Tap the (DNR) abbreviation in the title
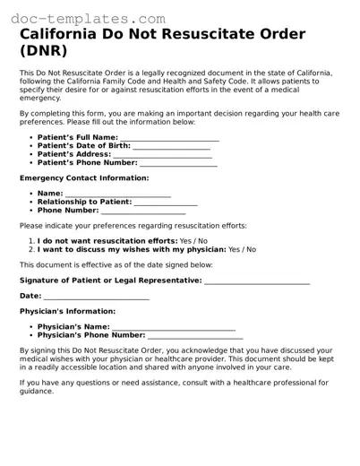pyautogui.click(x=44, y=53)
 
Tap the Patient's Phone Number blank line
pyautogui.click(x=178, y=164)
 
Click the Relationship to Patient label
pyautogui.click(x=85, y=203)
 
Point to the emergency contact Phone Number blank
pyautogui.click(x=143, y=211)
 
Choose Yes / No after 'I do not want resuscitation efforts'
pyautogui.click(x=193, y=241)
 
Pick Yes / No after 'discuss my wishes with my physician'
pyautogui.click(x=242, y=250)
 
